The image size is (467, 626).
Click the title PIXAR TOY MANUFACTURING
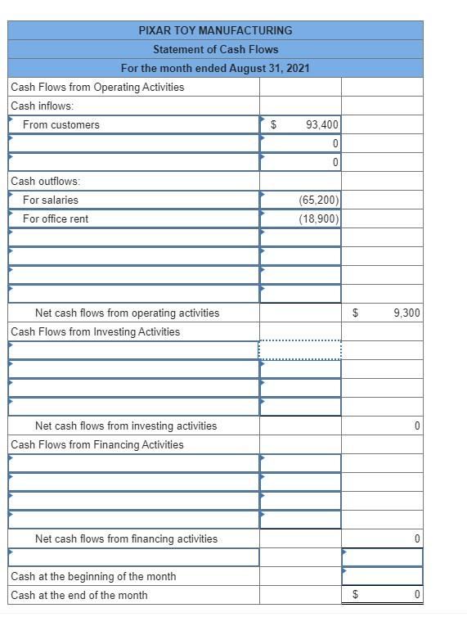click(215, 30)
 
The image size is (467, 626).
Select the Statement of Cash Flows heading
click(215, 49)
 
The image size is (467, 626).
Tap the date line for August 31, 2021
click(215, 68)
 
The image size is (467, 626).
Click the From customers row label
click(61, 124)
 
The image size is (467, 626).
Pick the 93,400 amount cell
click(322, 124)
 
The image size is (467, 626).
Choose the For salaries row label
click(51, 200)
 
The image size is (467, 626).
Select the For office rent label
click(56, 218)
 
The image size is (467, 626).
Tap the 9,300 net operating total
click(406, 313)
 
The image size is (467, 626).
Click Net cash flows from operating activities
click(127, 313)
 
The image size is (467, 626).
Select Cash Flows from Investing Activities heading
click(96, 331)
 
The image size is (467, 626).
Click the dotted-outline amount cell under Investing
click(300, 350)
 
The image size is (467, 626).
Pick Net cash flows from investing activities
click(126, 426)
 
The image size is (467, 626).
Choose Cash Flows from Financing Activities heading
click(97, 444)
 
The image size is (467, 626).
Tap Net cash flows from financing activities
click(126, 538)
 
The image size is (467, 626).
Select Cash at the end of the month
click(79, 595)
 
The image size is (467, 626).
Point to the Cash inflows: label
click(42, 106)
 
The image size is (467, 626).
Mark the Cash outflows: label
click(45, 181)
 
